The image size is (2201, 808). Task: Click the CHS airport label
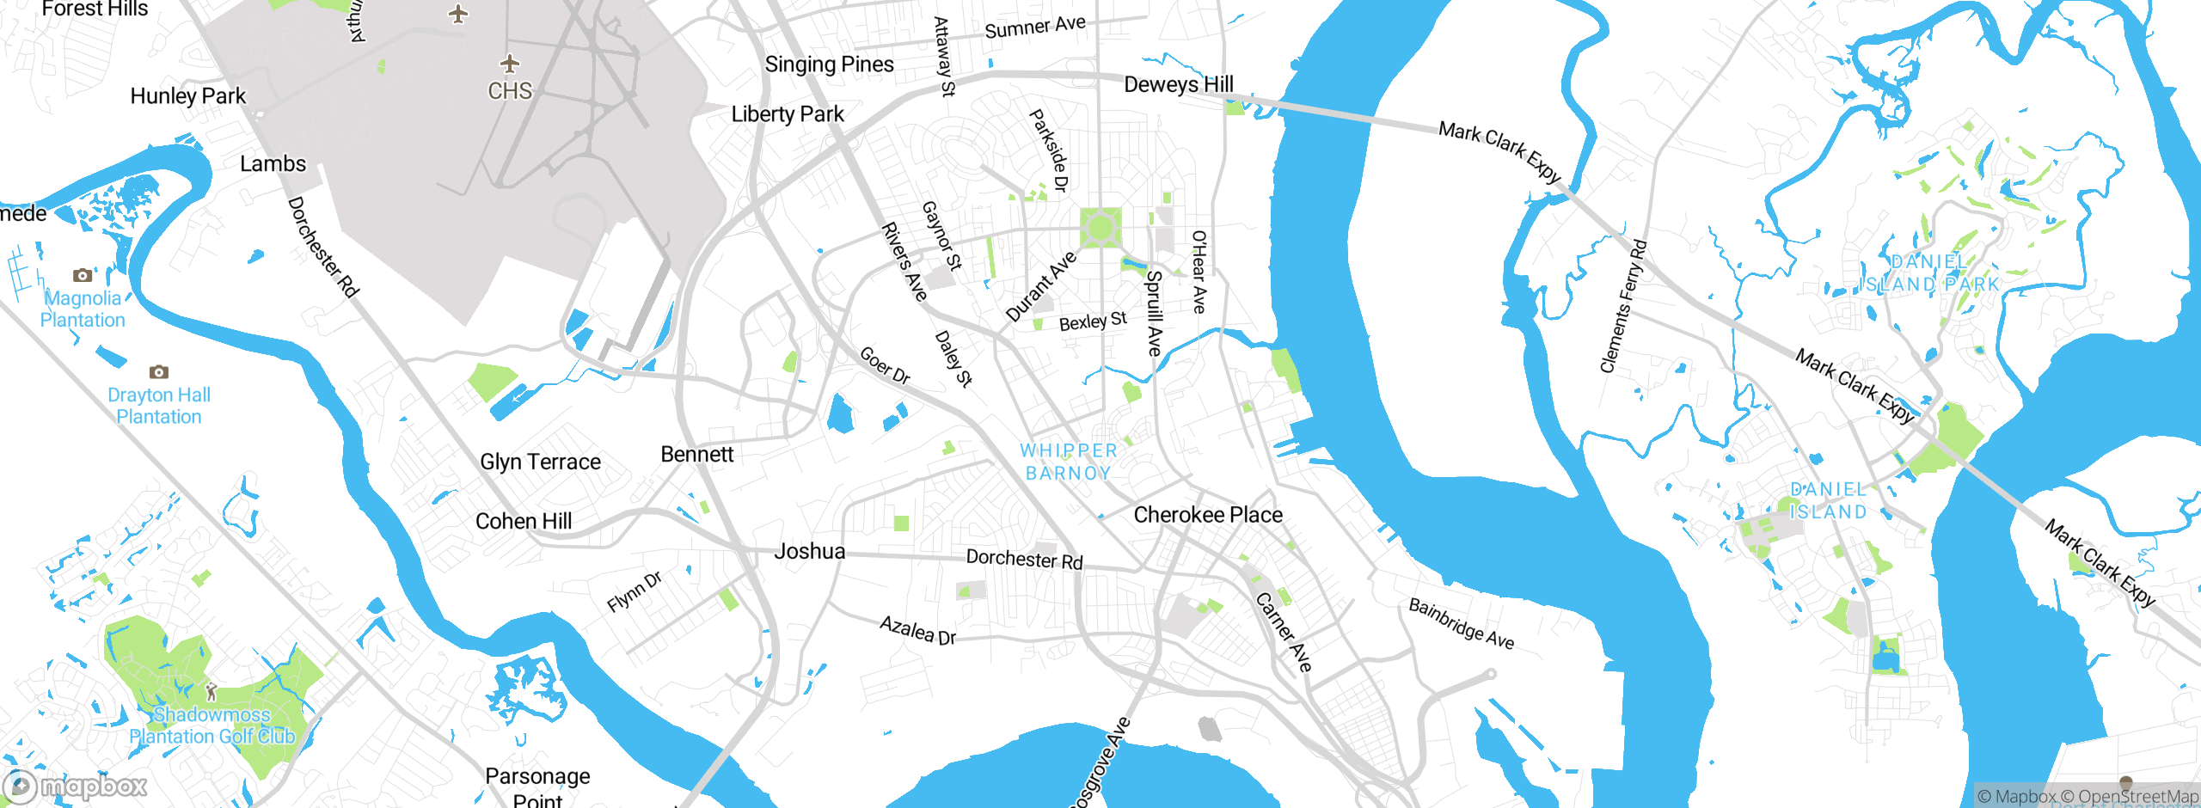click(x=510, y=91)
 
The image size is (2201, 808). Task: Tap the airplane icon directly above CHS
click(x=510, y=64)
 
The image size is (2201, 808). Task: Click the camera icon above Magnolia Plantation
click(x=83, y=275)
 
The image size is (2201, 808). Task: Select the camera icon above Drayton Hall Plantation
click(x=158, y=372)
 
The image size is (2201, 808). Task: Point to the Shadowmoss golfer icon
click(x=211, y=692)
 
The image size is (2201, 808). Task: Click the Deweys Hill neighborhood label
click(x=1178, y=84)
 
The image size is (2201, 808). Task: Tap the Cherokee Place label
click(x=1207, y=515)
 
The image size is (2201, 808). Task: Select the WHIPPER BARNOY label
click(x=1068, y=462)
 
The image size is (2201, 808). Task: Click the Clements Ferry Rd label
click(x=1622, y=306)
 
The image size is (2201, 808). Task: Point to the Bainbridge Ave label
click(x=1461, y=624)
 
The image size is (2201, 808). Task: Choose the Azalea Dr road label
click(x=917, y=630)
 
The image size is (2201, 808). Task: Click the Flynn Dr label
click(x=635, y=592)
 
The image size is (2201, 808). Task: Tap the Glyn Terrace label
click(x=540, y=462)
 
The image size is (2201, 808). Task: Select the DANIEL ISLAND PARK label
click(x=1928, y=273)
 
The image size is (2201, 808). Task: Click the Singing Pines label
click(x=829, y=64)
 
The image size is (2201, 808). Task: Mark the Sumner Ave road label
click(x=1034, y=28)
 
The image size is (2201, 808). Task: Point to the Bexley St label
click(x=1092, y=322)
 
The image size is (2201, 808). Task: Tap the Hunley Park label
click(x=187, y=96)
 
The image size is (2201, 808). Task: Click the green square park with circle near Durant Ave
click(x=1100, y=228)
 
